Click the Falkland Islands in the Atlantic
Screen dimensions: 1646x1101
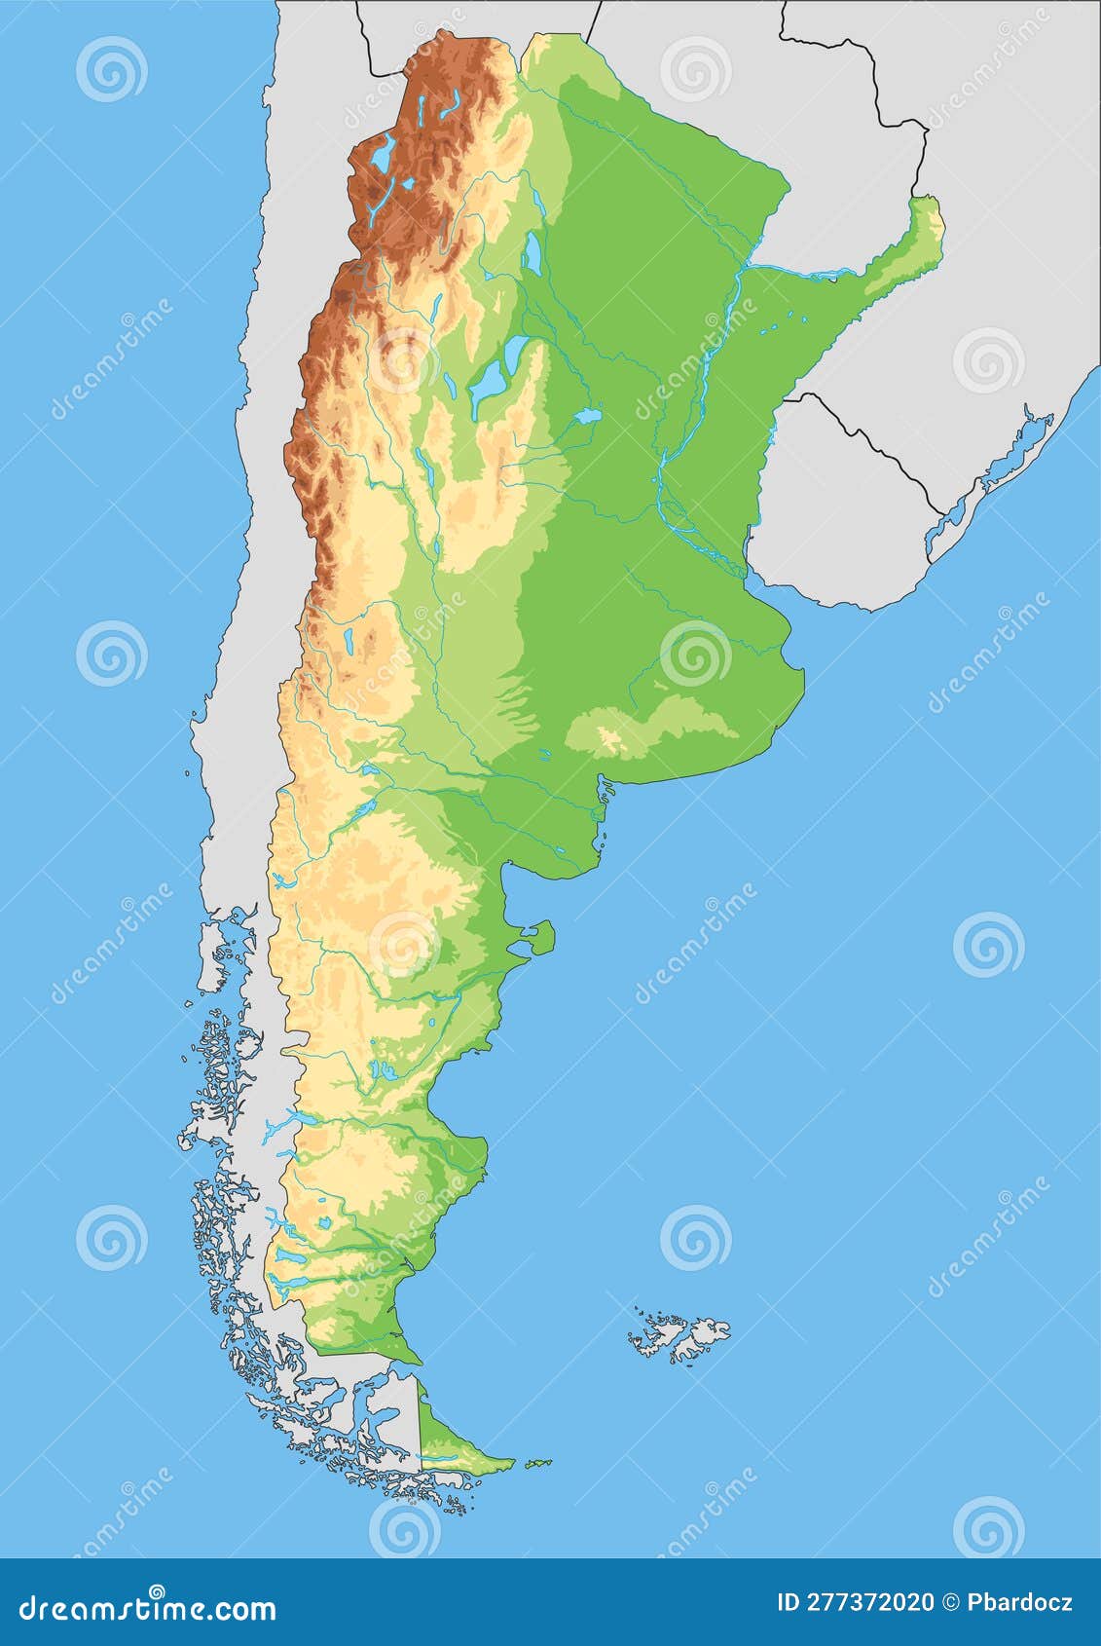[x=681, y=1336]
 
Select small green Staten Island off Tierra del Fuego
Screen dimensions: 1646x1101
[x=537, y=1463]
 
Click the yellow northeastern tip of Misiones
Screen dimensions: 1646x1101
[x=934, y=219]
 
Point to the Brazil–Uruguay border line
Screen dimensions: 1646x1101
[x=876, y=448]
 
